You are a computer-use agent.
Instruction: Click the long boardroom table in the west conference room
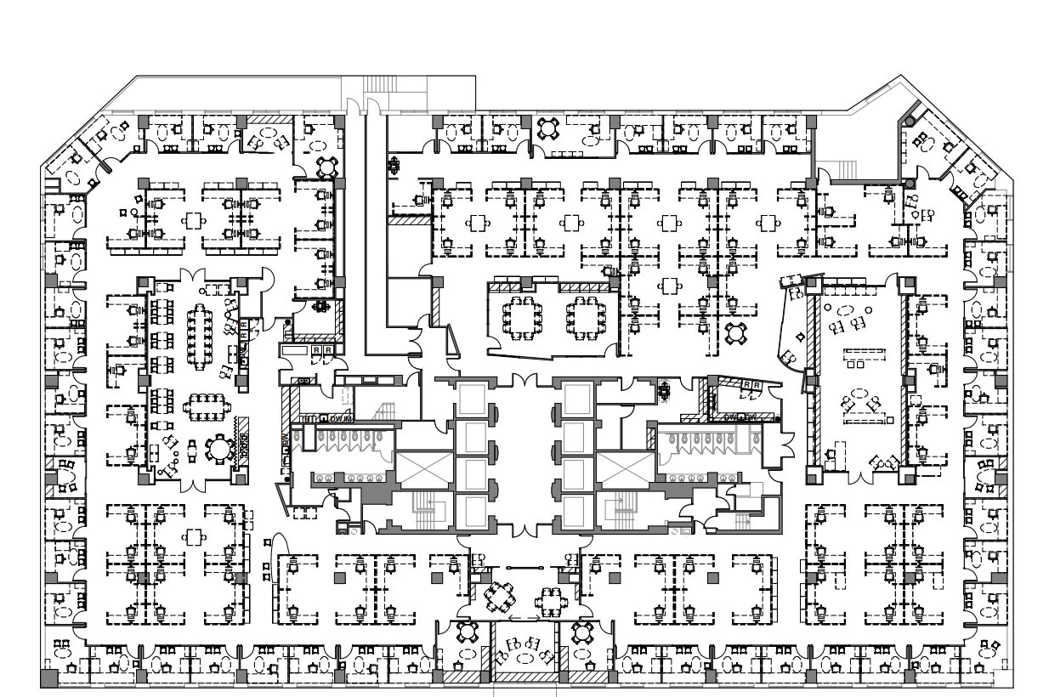click(201, 336)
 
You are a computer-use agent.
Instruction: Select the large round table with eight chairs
click(219, 448)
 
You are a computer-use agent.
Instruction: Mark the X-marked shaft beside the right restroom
click(624, 470)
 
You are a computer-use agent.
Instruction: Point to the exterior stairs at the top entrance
click(380, 84)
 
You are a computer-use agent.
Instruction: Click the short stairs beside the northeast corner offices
click(846, 170)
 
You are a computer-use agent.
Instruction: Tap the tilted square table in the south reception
click(500, 595)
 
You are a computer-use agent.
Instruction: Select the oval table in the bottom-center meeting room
click(524, 658)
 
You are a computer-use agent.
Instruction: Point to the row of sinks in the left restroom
click(340, 479)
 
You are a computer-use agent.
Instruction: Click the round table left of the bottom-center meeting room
click(467, 632)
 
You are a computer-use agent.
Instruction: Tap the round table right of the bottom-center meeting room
click(582, 632)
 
